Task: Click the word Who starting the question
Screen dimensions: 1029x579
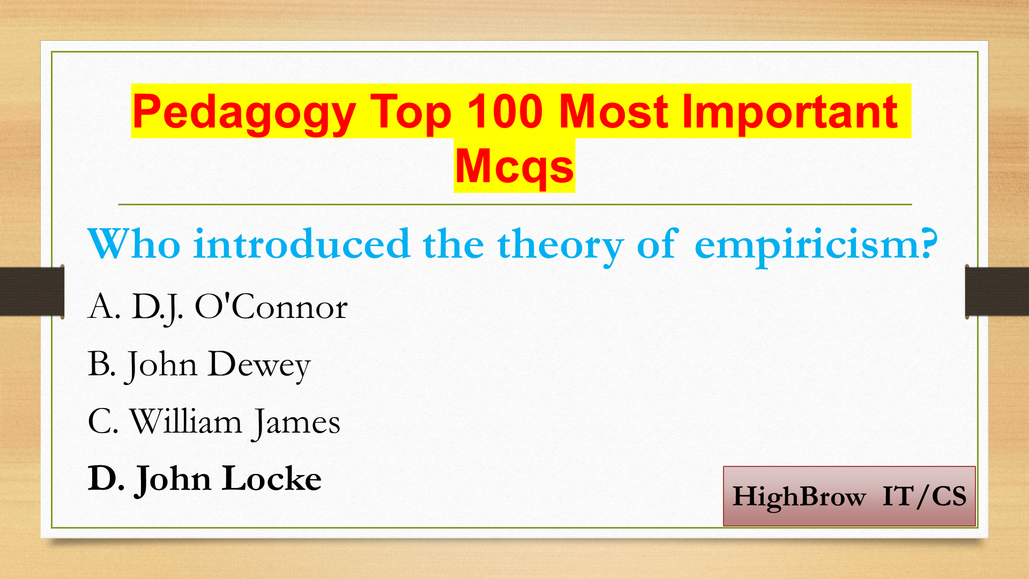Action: click(x=134, y=244)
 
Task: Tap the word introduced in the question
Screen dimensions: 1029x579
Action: click(x=302, y=244)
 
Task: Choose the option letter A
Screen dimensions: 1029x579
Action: click(x=103, y=307)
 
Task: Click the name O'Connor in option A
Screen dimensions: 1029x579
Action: click(x=271, y=307)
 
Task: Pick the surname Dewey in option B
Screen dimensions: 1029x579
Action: click(x=259, y=366)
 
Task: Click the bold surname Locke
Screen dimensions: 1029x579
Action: click(x=272, y=478)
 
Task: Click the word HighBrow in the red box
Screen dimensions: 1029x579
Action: click(x=799, y=497)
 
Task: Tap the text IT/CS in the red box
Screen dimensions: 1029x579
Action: click(x=924, y=496)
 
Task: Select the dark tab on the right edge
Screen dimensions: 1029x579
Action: click(x=997, y=291)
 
